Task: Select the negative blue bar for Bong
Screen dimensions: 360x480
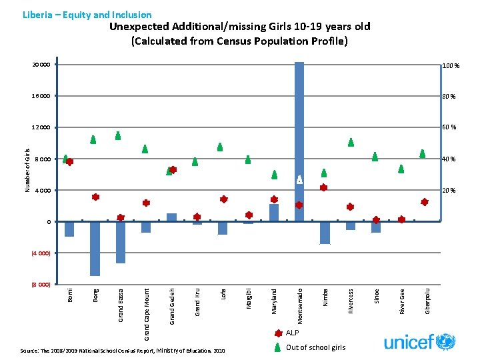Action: (x=95, y=248)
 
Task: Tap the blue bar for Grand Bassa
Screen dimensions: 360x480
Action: (x=120, y=242)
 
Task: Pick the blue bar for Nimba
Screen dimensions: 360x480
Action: (x=325, y=233)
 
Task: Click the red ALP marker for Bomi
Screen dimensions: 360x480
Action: (x=69, y=162)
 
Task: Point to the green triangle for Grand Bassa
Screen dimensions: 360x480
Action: (x=118, y=135)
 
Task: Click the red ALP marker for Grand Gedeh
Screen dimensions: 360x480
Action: (x=173, y=170)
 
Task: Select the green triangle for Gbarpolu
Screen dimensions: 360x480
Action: (x=423, y=153)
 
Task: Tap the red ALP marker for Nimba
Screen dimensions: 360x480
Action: (x=323, y=187)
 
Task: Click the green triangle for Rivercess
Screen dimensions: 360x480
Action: (x=351, y=142)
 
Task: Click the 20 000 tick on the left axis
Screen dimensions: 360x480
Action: (x=41, y=65)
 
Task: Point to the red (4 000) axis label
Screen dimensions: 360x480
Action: (x=41, y=253)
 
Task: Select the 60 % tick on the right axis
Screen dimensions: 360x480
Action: (x=449, y=127)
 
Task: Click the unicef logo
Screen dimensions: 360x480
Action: (x=419, y=341)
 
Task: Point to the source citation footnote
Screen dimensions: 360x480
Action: (x=123, y=350)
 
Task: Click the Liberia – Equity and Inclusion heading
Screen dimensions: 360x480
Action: (x=87, y=15)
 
